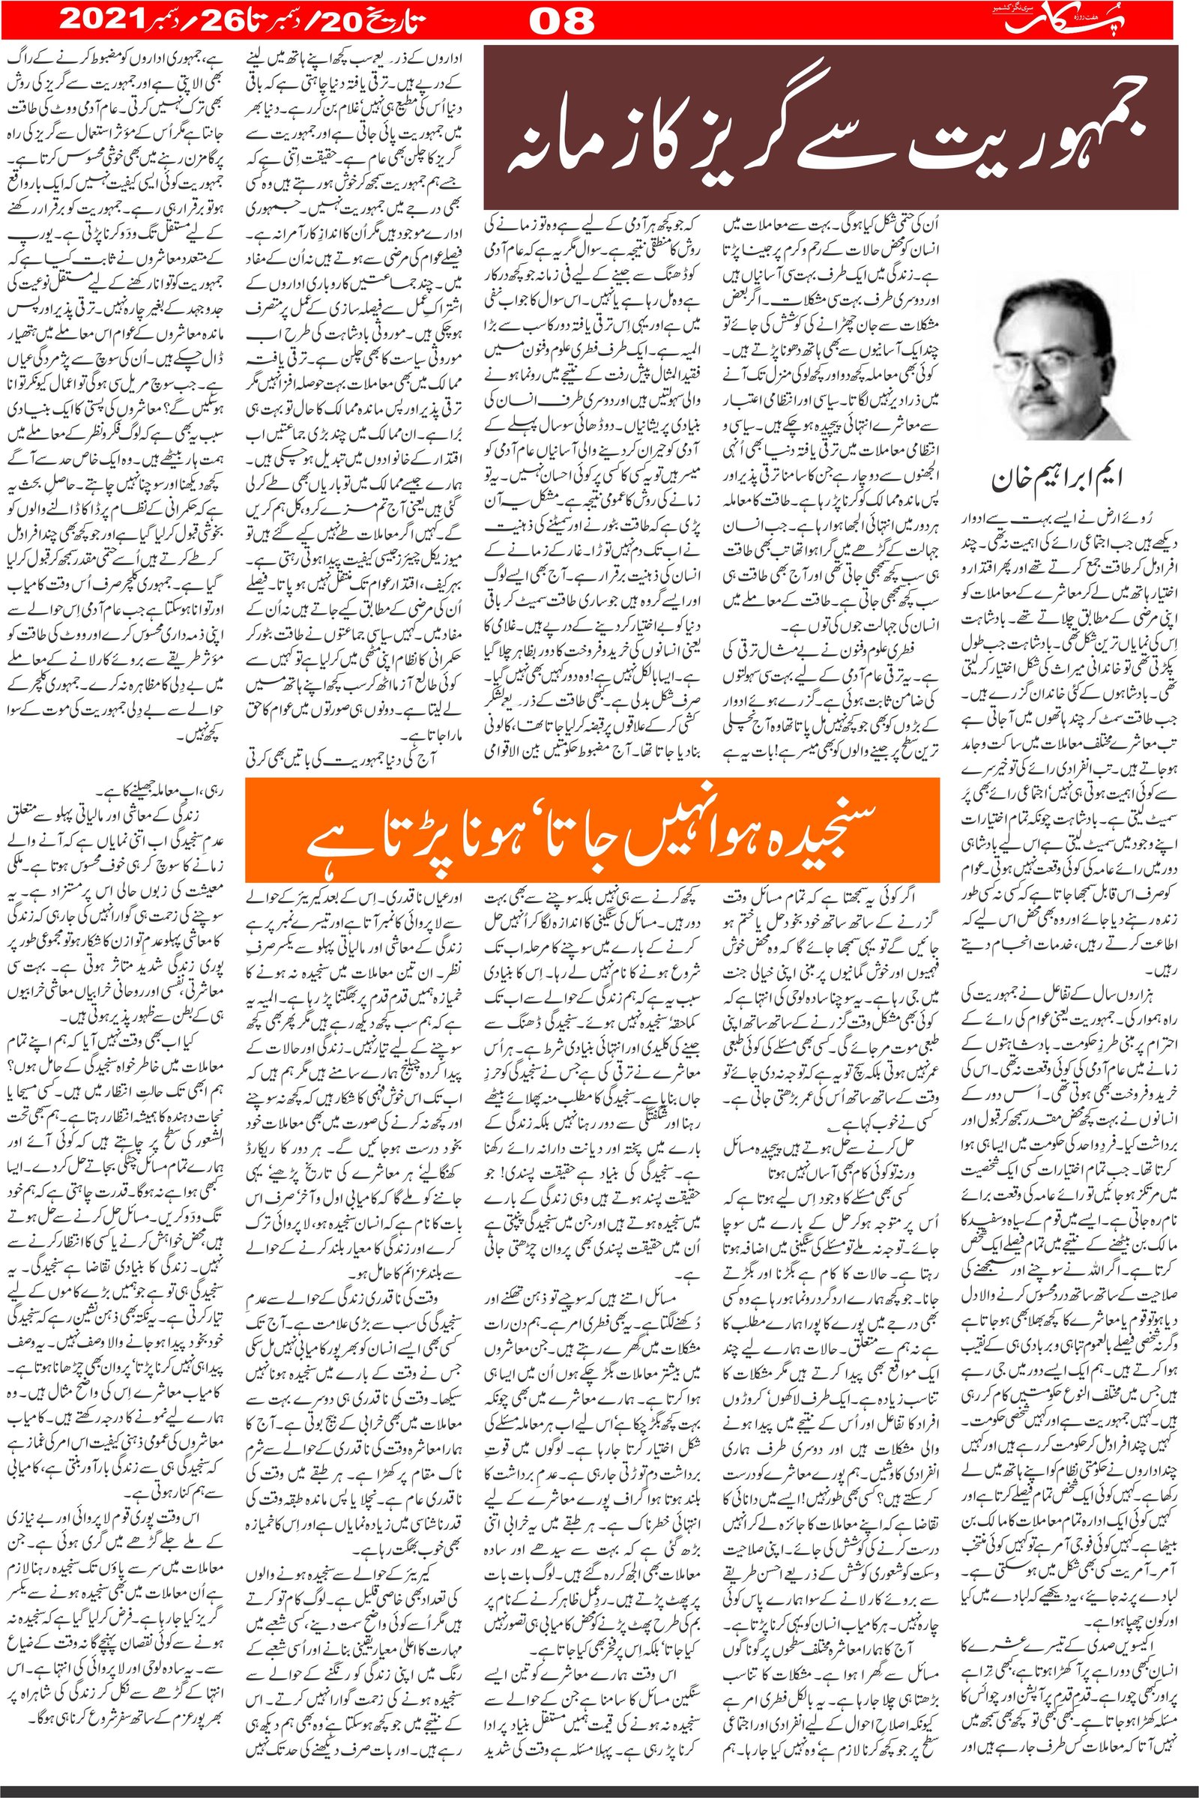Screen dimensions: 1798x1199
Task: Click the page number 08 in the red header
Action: [562, 22]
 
